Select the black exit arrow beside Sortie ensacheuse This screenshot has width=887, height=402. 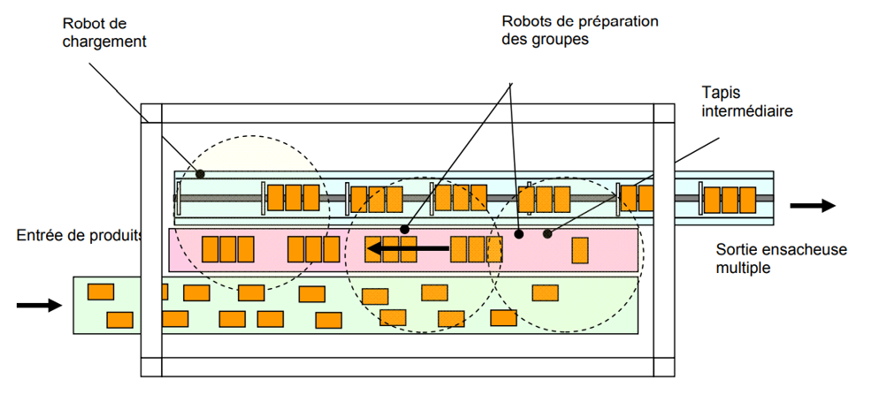(x=813, y=205)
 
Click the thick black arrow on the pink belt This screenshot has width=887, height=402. (x=408, y=249)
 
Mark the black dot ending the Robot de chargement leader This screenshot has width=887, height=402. (x=200, y=174)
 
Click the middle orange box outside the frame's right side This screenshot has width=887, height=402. (x=731, y=198)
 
